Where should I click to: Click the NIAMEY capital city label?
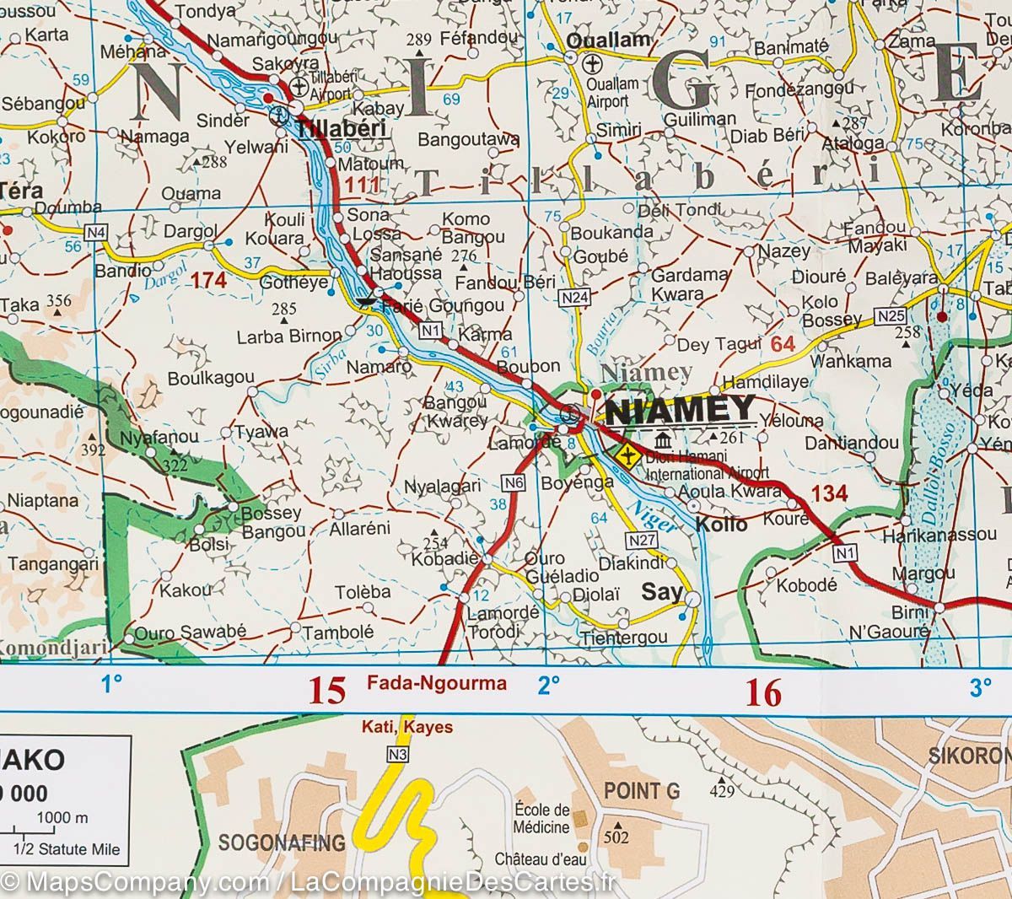coord(681,411)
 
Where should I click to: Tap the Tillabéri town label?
coord(340,129)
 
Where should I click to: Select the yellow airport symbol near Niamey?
coord(627,455)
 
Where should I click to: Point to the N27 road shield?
coord(640,539)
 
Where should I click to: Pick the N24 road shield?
coord(573,297)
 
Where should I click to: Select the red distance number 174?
coord(208,280)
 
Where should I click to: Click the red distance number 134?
coord(829,493)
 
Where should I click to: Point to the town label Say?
coord(662,592)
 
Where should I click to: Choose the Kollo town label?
coord(722,525)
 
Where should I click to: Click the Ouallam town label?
coord(609,40)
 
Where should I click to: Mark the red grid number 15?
coord(326,692)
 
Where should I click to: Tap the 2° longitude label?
coord(549,686)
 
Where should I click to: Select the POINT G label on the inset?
coord(642,791)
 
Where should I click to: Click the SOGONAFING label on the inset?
coord(282,842)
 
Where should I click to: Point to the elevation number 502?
coord(616,838)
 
